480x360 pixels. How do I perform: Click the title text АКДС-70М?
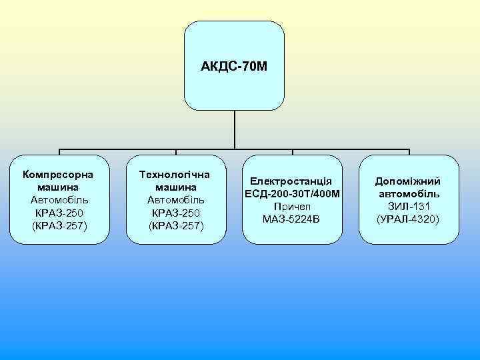point(233,67)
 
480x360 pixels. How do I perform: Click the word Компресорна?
point(57,175)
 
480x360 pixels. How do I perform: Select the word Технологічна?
point(174,175)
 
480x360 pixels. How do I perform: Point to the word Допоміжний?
point(407,181)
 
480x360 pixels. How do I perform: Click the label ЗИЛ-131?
point(408,206)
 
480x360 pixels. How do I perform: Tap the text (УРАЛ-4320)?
point(408,219)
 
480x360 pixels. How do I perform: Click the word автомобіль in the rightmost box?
point(408,194)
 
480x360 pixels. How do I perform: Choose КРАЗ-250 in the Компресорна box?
point(57,213)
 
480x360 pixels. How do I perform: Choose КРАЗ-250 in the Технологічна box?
point(174,213)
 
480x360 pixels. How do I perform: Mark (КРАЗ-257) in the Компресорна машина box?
point(57,225)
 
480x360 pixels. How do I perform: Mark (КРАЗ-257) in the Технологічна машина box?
point(174,225)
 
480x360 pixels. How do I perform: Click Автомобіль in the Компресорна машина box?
point(57,200)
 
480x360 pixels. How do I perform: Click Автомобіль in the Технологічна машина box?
point(174,200)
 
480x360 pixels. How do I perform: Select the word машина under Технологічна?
point(174,187)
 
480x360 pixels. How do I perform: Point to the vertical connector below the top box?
point(235,130)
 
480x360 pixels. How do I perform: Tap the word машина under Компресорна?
point(57,187)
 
